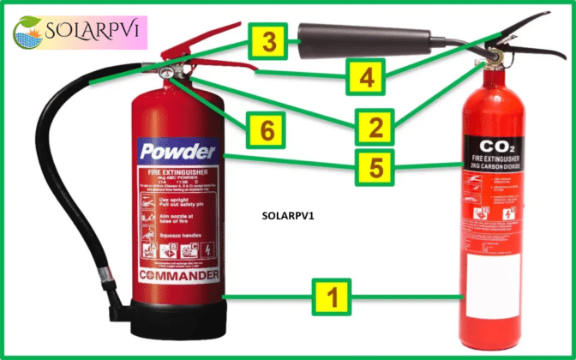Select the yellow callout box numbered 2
point(375,129)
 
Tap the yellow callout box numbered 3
point(269,40)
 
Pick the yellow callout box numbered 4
point(366,77)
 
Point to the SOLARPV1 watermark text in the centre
point(287,216)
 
